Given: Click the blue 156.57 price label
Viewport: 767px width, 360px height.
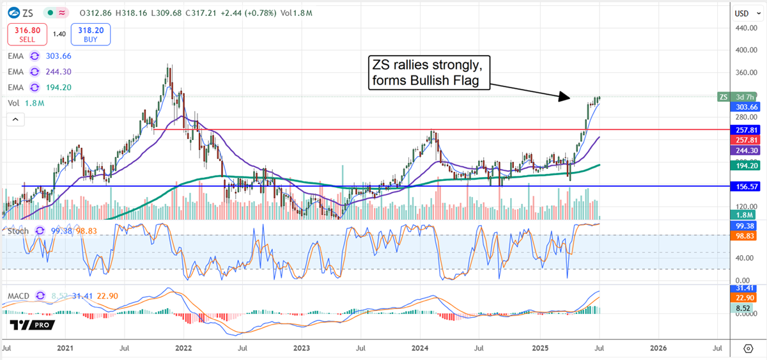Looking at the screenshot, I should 745,187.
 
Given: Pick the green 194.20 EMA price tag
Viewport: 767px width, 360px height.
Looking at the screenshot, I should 745,165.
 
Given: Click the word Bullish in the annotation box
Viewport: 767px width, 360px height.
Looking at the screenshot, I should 459,81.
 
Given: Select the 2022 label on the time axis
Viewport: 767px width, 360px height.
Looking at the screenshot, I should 183,348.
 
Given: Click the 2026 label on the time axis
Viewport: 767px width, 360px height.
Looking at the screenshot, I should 658,348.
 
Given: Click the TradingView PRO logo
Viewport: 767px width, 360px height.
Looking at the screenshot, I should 31,325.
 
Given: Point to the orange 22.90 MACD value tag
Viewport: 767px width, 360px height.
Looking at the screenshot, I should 745,298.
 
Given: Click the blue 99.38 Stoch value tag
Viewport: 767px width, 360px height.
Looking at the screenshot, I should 745,226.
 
